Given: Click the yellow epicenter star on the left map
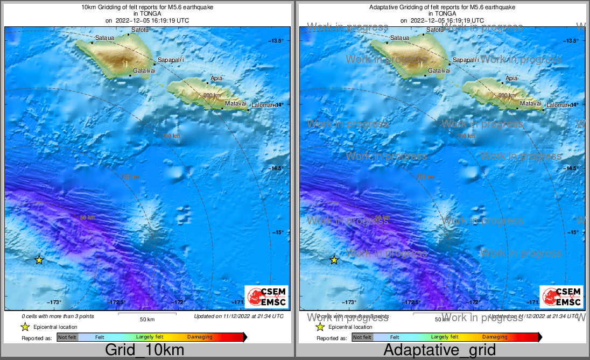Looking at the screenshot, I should pos(39,260).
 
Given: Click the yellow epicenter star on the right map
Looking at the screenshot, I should pos(334,260).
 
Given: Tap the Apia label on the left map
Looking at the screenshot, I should pos(216,78).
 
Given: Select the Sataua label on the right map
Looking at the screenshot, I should pos(399,38).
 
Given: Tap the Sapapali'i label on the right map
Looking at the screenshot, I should pos(467,60).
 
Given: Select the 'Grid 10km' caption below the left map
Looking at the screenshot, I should pos(144,350).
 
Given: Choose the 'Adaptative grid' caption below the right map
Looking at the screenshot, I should pos(439,350).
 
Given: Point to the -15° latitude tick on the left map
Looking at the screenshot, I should pos(277,232).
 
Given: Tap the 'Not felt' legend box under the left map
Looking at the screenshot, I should pos(67,337).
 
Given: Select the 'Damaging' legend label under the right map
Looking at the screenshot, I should pos(495,337).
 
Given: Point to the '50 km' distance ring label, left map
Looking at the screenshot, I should pos(87,217).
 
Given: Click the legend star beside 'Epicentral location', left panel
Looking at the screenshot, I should pos(24,327).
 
